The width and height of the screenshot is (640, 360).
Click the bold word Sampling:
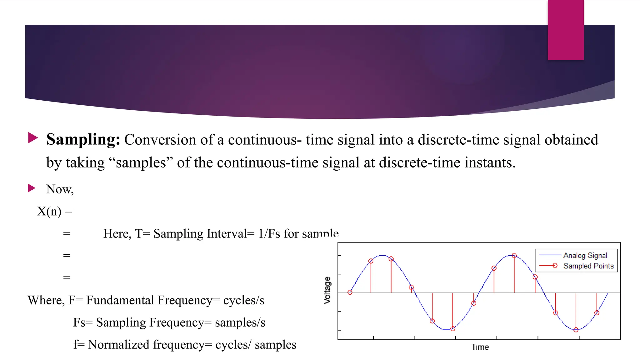83,139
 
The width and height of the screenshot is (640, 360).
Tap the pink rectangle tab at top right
566,30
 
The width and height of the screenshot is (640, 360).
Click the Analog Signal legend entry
585,255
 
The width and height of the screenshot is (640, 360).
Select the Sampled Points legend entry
588,266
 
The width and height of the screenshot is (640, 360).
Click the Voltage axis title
327,290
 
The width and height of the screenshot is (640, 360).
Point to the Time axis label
480,347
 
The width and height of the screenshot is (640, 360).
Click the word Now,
60,189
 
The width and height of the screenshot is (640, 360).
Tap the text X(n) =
55,212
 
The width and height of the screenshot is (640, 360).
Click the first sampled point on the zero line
350,292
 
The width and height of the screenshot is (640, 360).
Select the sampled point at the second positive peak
514,256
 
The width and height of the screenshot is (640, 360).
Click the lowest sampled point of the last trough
576,330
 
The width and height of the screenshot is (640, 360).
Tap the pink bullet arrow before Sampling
33,137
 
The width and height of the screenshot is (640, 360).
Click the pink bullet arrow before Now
32,188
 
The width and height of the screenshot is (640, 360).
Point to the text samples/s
240,322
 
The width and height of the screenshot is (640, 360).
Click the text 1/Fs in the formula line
269,234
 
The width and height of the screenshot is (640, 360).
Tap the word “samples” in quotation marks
141,163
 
